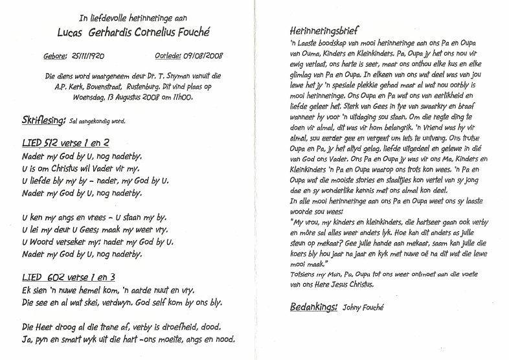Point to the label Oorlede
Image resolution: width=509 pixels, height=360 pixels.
click(170, 57)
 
